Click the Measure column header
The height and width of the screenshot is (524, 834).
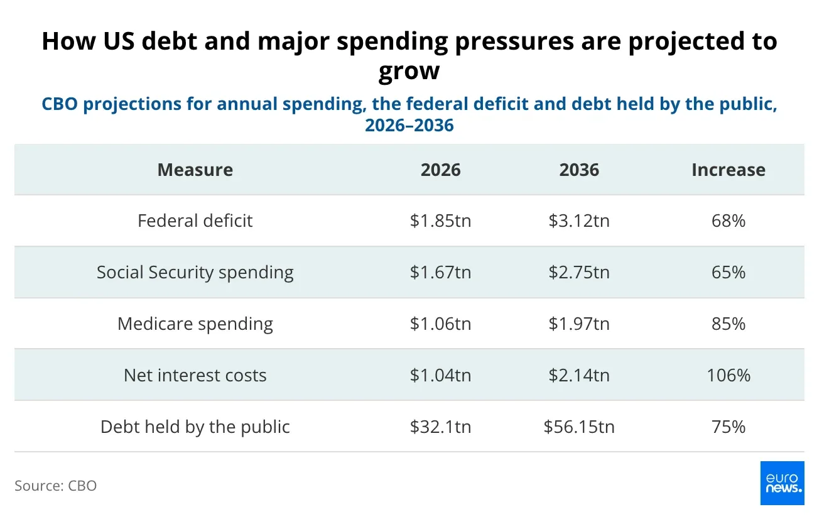pos(195,170)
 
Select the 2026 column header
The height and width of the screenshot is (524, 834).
pos(440,170)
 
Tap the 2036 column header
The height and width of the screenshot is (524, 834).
pos(579,170)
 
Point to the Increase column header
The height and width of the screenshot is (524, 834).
pos(728,170)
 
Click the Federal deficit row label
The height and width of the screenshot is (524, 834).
pos(195,221)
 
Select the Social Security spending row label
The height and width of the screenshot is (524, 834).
pos(195,273)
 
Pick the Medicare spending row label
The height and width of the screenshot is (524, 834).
pos(195,324)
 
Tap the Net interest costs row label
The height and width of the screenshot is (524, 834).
pos(195,375)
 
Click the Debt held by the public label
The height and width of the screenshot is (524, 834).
pos(195,427)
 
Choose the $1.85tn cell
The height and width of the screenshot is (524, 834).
pos(440,221)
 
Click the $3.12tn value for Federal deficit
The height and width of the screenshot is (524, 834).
pos(579,221)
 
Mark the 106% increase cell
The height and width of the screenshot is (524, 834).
pos(728,375)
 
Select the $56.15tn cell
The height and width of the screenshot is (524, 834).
pos(579,427)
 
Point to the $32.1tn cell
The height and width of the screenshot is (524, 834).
pos(440,427)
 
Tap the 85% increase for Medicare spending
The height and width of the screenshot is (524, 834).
pos(728,324)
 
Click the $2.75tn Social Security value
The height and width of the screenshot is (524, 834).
pos(579,272)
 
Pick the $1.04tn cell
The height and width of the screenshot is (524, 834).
pos(440,375)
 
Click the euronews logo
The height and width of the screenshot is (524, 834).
pos(783,483)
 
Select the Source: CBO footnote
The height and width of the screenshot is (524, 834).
pos(55,486)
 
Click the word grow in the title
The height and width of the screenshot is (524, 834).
pos(409,72)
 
